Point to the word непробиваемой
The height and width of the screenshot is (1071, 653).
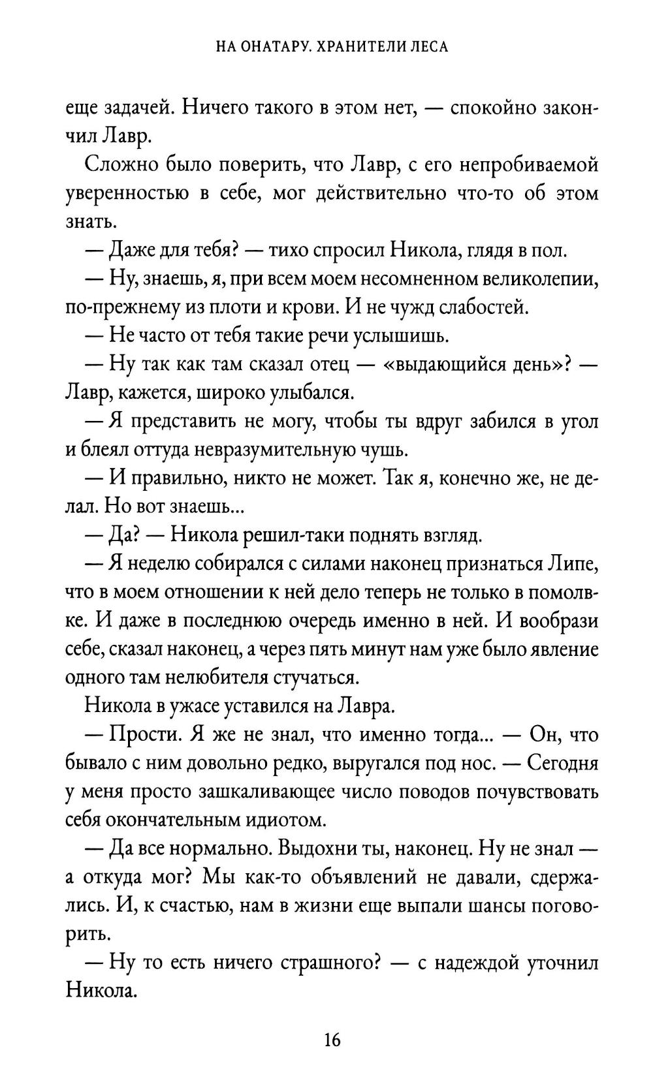530,164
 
